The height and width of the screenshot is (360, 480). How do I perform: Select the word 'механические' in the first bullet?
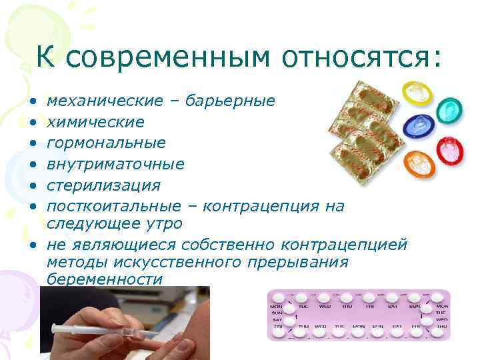pyautogui.click(x=105, y=101)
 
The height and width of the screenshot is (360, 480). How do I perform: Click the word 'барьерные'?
pyautogui.click(x=230, y=101)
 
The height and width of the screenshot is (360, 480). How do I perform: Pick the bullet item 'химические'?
pyautogui.click(x=95, y=122)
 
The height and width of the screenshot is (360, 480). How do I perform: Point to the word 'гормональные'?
pyautogui.click(x=106, y=143)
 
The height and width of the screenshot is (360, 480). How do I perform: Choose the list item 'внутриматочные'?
pyautogui.click(x=115, y=163)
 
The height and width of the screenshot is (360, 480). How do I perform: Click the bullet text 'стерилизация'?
pyautogui.click(x=103, y=184)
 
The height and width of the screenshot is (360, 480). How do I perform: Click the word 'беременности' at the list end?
pyautogui.click(x=104, y=279)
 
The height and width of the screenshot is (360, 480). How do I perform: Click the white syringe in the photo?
pyautogui.click(x=100, y=328)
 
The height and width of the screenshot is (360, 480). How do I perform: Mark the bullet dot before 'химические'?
pyautogui.click(x=32, y=123)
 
